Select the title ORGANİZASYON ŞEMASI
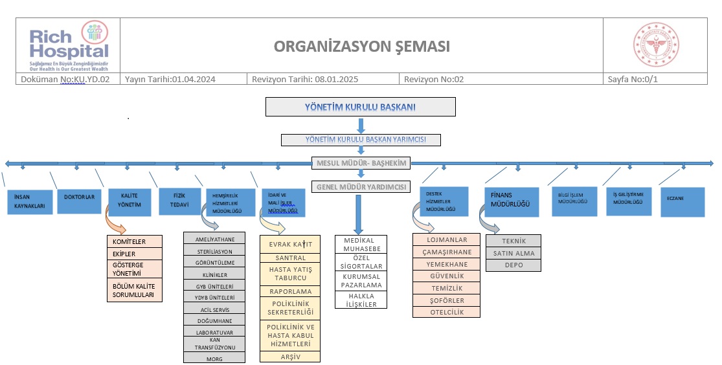click(x=361, y=47)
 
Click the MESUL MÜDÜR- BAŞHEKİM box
click(x=361, y=163)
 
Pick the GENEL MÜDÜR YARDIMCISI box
click(x=361, y=186)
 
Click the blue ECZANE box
click(x=682, y=201)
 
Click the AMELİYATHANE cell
click(x=214, y=238)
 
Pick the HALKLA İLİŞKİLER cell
click(x=361, y=300)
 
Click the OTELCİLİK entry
click(x=447, y=312)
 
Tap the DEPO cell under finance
click(x=513, y=265)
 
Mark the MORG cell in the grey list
click(x=214, y=358)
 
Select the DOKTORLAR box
click(x=80, y=197)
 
